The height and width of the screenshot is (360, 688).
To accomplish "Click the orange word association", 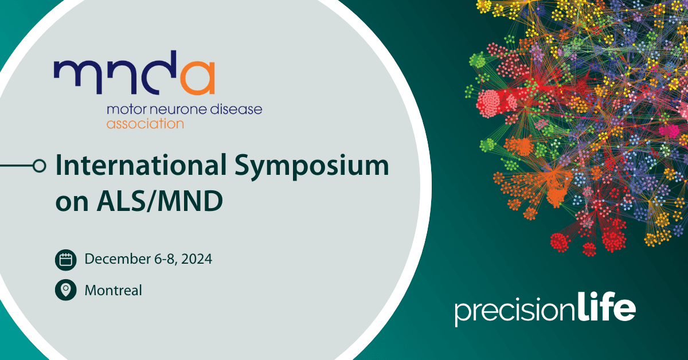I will click(145, 123).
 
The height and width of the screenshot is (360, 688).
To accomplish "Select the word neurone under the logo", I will click(168, 109).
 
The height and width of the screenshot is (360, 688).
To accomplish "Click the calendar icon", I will click(66, 260).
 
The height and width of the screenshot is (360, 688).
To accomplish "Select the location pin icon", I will click(66, 290).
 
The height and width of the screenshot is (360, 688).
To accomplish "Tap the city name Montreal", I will click(113, 290).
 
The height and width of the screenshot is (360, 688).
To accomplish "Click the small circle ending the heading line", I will click(39, 166).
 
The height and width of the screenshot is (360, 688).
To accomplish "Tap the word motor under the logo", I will click(122, 109).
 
